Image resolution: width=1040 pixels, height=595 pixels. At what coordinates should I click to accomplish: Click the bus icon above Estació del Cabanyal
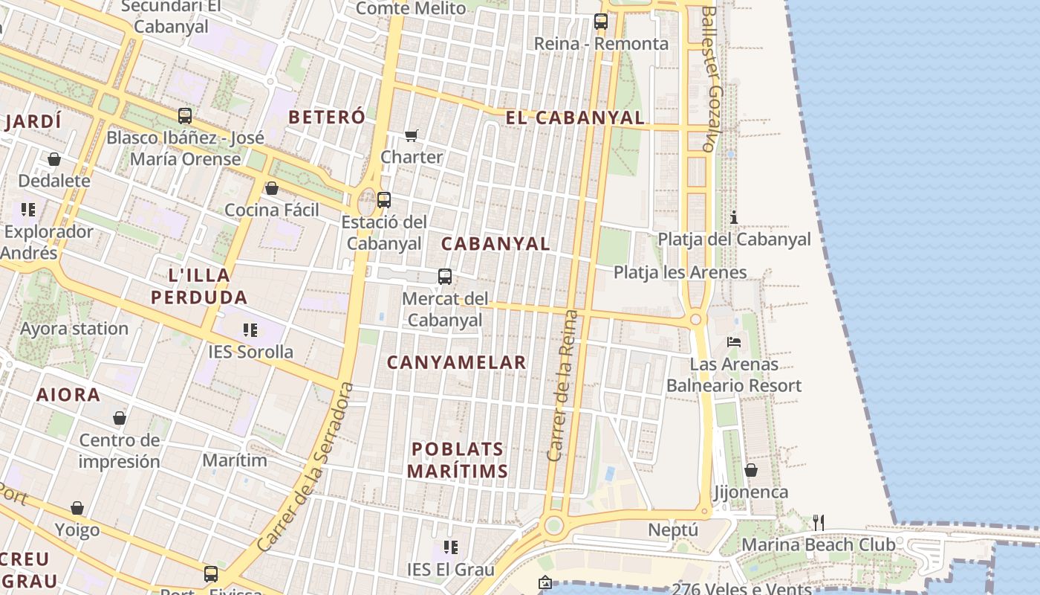click(383, 199)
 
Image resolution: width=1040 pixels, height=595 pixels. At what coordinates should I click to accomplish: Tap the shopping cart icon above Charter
click(411, 135)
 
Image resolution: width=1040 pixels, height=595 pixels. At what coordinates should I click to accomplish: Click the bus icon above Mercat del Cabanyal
click(444, 277)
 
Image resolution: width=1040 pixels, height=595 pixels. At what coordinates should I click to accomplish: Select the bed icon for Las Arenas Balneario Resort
click(734, 342)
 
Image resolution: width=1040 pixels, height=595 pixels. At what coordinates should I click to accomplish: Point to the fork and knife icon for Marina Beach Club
click(818, 522)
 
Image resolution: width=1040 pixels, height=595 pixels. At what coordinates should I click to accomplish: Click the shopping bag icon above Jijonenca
click(751, 470)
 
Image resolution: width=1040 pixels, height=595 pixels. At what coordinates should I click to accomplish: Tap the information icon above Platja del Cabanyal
click(734, 217)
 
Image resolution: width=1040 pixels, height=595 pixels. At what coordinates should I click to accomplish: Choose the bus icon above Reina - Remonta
click(600, 22)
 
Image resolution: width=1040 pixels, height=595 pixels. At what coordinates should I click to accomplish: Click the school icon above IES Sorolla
click(250, 329)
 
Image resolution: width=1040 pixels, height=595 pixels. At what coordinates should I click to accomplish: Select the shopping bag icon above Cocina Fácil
click(272, 188)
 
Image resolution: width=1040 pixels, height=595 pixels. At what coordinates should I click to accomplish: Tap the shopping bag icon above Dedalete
click(53, 159)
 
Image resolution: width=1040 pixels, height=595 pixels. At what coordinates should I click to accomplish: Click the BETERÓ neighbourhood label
click(327, 117)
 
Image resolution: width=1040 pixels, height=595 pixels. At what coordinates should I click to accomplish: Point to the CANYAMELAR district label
click(456, 363)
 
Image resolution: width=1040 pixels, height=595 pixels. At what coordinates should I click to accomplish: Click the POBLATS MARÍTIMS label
click(458, 460)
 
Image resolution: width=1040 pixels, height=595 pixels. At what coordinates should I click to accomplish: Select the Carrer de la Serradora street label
click(305, 467)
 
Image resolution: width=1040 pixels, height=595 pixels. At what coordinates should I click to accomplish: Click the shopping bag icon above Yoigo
click(77, 508)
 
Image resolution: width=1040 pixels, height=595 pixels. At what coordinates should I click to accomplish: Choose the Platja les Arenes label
click(680, 272)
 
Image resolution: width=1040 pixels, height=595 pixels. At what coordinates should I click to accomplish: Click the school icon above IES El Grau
click(450, 548)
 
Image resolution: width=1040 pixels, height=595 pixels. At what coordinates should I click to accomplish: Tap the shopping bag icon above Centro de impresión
click(119, 418)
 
